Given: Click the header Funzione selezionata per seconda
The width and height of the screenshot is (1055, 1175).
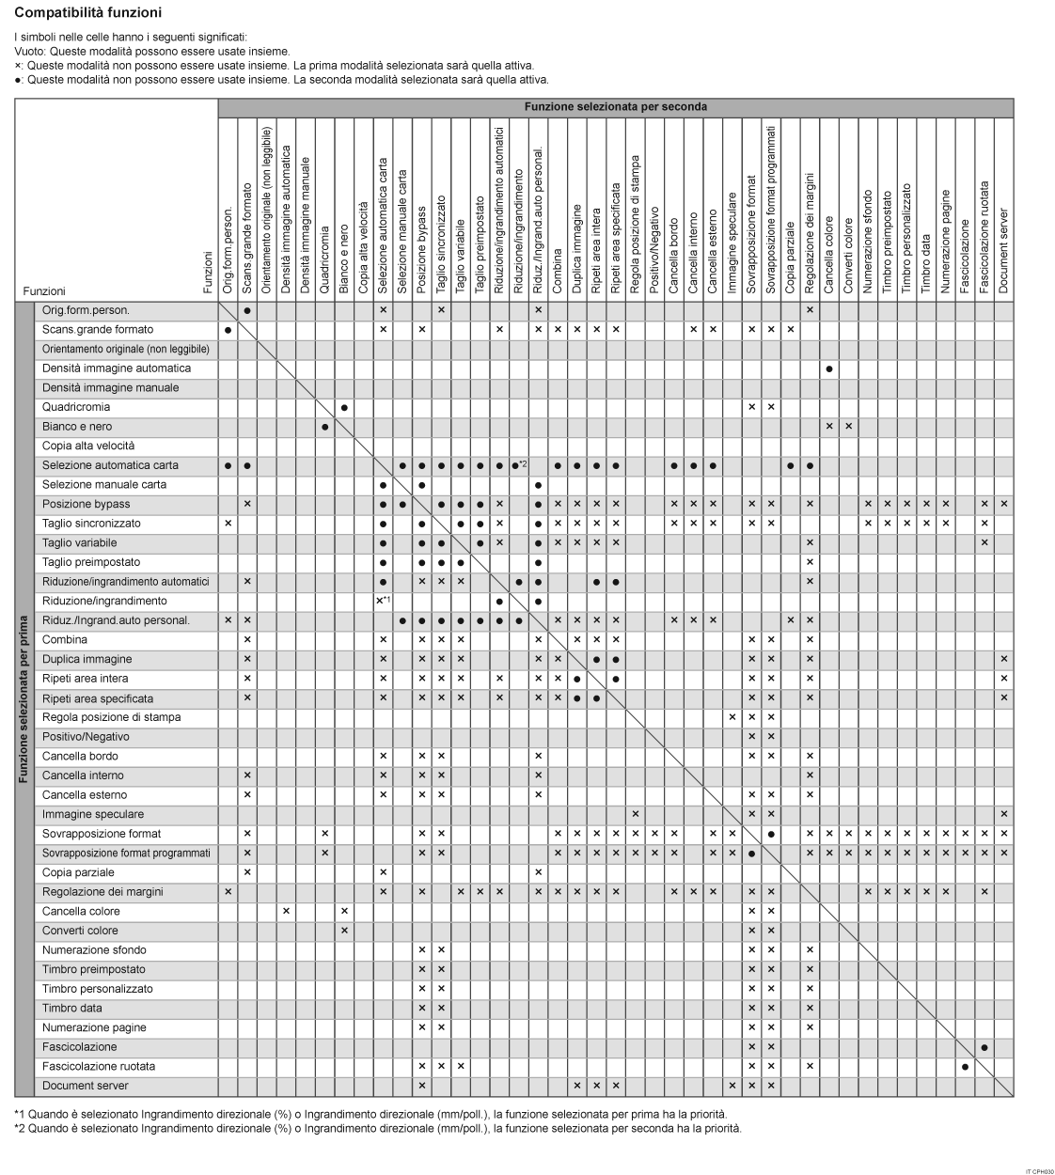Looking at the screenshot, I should point(615,107).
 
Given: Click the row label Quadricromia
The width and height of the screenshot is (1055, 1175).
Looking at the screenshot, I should point(76,407).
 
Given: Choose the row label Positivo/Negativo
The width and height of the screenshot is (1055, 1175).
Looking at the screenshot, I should point(86,737).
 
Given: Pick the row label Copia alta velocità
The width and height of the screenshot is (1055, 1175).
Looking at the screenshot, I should point(88,446).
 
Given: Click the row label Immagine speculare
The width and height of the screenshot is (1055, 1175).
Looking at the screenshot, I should point(93,814).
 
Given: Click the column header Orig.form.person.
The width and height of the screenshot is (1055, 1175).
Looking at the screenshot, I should point(228,253).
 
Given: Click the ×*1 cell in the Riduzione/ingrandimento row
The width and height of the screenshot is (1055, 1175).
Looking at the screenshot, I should point(383,601).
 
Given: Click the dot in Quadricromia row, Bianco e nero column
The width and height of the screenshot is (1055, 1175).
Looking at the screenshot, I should point(344,407).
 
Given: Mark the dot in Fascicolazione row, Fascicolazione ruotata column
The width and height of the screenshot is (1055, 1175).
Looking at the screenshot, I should point(984,1047).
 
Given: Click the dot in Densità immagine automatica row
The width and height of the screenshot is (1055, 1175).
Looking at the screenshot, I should point(829,368).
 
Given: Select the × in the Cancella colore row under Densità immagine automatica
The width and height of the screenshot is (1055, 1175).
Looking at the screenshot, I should point(286,911).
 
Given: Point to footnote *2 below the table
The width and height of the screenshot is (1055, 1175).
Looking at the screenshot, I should point(376,1128).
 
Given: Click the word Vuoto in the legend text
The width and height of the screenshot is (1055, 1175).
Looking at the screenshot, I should point(29,52).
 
